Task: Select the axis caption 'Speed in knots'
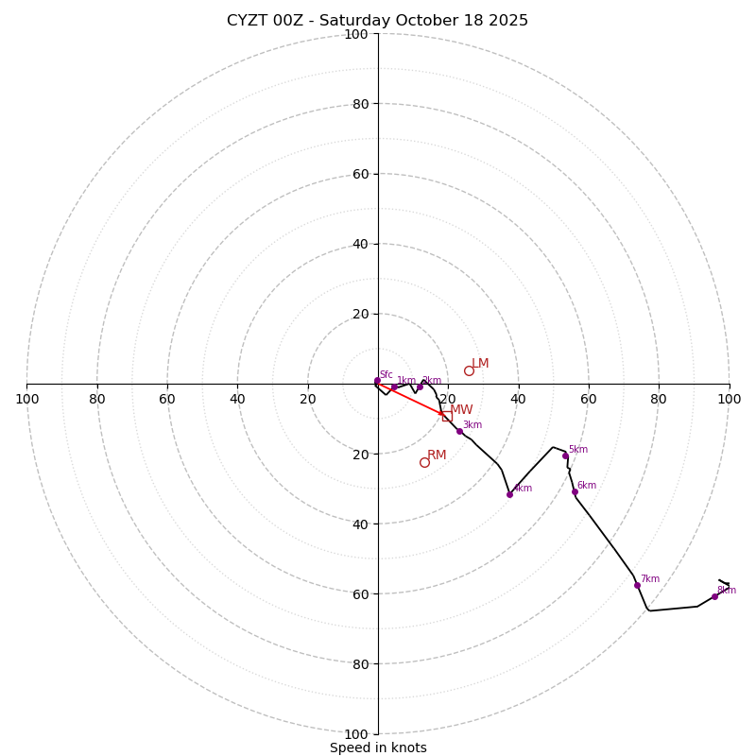(378, 747)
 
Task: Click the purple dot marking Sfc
(377, 381)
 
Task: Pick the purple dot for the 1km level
(394, 387)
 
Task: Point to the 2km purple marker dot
(421, 387)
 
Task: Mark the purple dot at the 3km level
(460, 431)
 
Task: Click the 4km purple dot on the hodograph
(509, 494)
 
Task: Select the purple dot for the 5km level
(566, 455)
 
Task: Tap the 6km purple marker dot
(575, 491)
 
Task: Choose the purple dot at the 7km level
(637, 585)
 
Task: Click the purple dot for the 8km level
(714, 596)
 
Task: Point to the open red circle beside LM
(469, 370)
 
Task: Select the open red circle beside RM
(424, 462)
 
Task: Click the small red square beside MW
(447, 416)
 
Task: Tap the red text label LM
(480, 364)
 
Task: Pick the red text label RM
(437, 455)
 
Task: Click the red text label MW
(461, 410)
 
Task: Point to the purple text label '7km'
(650, 579)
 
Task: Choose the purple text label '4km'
(523, 489)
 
